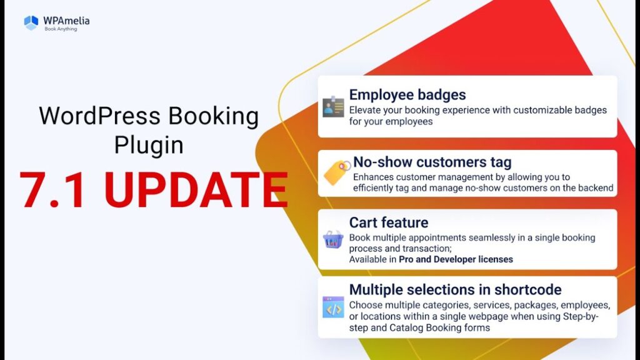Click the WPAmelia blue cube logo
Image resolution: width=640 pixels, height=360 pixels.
(x=31, y=23)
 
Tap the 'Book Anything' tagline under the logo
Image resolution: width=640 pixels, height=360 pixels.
(x=61, y=29)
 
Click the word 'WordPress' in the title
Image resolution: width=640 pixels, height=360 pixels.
(x=99, y=116)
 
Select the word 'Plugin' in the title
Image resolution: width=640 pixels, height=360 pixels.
(x=149, y=145)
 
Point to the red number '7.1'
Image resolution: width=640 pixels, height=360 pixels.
(x=52, y=190)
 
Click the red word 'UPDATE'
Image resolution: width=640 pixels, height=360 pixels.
(x=196, y=190)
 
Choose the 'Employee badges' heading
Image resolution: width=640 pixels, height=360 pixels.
(x=407, y=95)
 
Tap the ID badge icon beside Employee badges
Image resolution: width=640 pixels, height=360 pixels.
(x=333, y=106)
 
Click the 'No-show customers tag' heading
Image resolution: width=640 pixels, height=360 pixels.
(x=432, y=162)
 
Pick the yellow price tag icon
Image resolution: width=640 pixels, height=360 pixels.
(x=337, y=172)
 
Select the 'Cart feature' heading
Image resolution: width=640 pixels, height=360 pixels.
(x=389, y=222)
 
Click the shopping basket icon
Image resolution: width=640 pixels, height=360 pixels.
(x=333, y=239)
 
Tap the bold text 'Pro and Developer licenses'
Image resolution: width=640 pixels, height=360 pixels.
(x=456, y=259)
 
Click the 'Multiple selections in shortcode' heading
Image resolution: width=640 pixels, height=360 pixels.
(x=456, y=290)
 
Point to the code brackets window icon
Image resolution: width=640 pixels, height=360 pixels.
(x=333, y=307)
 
